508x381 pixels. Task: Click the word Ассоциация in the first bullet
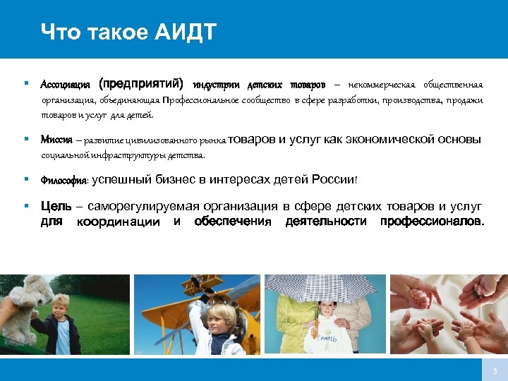pyautogui.click(x=66, y=85)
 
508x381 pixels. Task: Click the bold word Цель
pyautogui.click(x=55, y=207)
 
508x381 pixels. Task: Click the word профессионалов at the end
pyautogui.click(x=432, y=222)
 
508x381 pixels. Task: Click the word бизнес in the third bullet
pyautogui.click(x=175, y=180)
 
